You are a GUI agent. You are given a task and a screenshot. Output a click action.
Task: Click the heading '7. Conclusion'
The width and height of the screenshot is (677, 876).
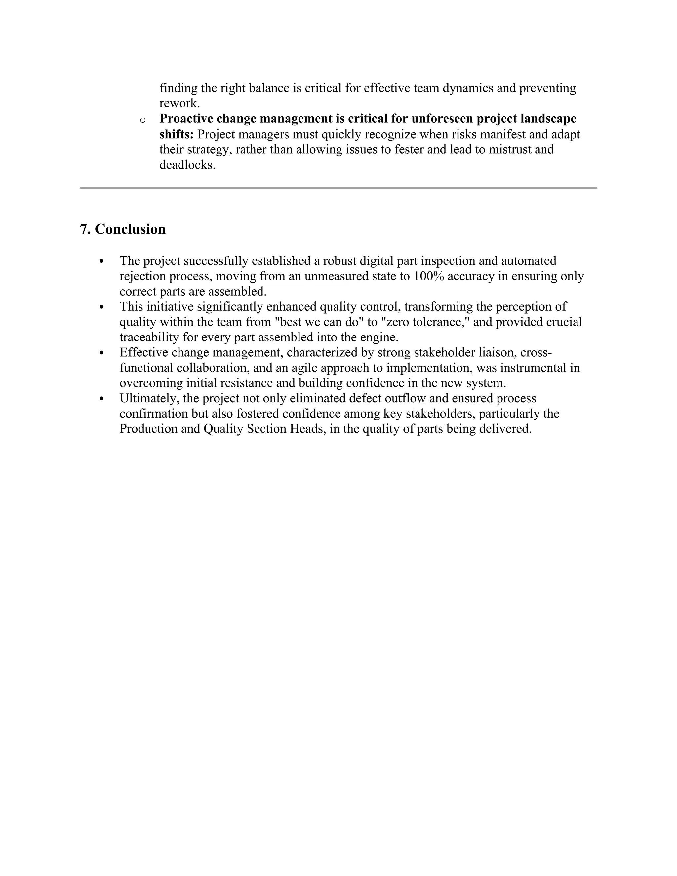click(123, 229)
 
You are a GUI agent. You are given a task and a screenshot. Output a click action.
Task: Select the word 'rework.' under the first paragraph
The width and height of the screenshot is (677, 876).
click(179, 103)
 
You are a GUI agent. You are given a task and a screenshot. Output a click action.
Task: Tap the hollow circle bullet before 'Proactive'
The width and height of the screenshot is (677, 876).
click(142, 120)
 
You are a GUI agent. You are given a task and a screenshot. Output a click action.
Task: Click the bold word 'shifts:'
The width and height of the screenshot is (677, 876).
click(177, 134)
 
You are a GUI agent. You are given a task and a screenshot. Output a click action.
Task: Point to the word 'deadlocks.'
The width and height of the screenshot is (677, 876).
click(187, 164)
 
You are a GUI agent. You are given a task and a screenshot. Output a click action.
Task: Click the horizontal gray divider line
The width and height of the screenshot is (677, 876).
click(338, 188)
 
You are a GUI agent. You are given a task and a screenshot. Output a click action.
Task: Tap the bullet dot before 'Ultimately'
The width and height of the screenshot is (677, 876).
click(101, 399)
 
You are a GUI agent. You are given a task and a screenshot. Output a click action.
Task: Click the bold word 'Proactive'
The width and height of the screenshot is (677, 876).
click(186, 119)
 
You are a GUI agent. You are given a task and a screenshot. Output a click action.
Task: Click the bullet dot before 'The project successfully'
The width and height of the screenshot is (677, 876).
click(101, 261)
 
